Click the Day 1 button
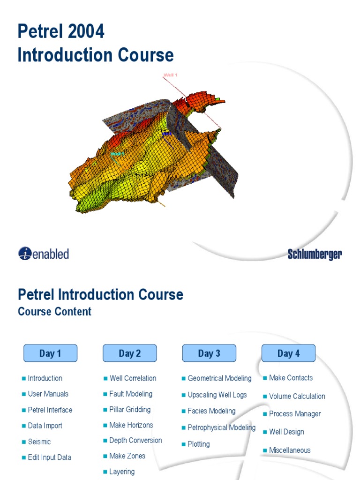50,353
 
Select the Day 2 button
129,353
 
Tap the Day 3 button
209,353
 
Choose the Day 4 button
288,353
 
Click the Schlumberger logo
315,255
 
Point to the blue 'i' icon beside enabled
25,254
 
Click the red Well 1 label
170,75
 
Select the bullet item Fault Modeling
130,394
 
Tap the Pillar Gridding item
129,409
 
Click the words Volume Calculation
297,396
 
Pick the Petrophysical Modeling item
221,427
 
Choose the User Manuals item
48,394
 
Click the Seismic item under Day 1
39,442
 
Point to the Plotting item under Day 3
198,444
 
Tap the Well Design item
286,432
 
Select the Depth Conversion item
135,440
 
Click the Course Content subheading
54,312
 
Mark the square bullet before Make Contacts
265,378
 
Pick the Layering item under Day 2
121,472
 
